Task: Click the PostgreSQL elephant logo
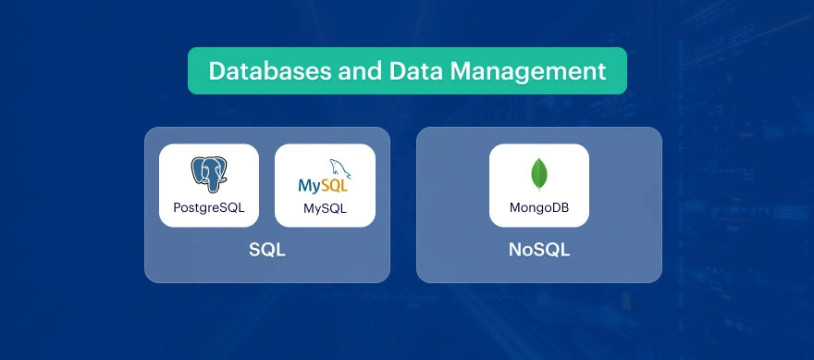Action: (209, 174)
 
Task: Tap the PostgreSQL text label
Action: (209, 207)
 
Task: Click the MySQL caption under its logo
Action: (325, 208)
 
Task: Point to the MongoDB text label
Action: (538, 207)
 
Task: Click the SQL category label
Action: (266, 250)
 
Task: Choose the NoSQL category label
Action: (538, 250)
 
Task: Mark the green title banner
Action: (407, 71)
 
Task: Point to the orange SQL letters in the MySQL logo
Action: (336, 185)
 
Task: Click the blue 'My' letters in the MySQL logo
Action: (310, 185)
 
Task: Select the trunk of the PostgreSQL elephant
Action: (212, 183)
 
